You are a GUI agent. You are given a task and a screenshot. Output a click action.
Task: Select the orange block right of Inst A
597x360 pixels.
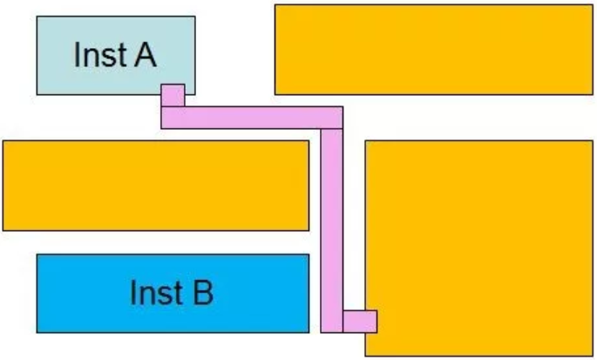[x=433, y=49]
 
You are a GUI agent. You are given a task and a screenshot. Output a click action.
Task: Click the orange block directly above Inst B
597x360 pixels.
[x=156, y=185]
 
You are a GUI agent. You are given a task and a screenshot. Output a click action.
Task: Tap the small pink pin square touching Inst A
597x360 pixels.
[x=173, y=94]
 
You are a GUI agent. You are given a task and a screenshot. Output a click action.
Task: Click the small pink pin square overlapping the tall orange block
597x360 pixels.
[x=359, y=322]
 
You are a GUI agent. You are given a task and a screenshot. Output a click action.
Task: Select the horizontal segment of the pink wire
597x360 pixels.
[x=252, y=118]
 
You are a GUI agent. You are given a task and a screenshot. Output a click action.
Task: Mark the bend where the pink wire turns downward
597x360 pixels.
[x=332, y=118]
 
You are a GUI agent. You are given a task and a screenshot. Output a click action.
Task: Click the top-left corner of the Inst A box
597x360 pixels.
[x=37, y=16]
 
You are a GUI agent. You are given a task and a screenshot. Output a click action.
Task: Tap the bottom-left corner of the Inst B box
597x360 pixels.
[x=37, y=332]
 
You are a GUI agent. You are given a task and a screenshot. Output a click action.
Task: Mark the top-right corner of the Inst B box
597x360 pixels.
[x=309, y=255]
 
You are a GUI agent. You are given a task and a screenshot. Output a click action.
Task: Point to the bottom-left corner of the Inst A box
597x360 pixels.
[x=37, y=94]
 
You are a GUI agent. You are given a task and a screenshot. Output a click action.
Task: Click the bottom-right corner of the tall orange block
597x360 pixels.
[x=593, y=356]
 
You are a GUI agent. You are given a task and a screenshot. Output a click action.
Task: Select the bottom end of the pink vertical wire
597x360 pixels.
[x=331, y=330]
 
